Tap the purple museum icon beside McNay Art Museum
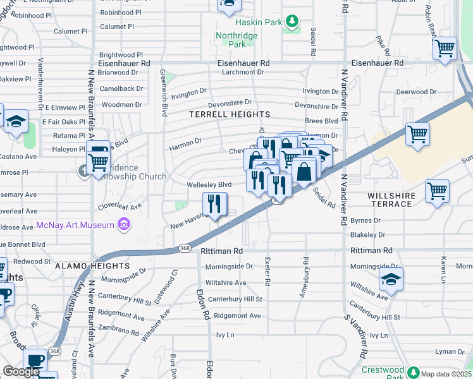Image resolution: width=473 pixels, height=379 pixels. click(x=124, y=225)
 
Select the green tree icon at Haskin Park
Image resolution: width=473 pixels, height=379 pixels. click(x=292, y=22)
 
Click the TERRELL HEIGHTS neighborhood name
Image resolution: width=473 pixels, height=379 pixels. click(x=230, y=114)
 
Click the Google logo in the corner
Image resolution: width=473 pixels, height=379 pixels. click(x=21, y=371)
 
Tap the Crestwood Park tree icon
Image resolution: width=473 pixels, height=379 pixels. click(x=413, y=371)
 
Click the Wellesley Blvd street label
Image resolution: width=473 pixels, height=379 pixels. click(x=209, y=184)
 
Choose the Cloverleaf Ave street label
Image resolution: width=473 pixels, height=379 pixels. click(x=119, y=206)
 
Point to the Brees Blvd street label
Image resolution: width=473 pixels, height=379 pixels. click(x=321, y=121)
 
